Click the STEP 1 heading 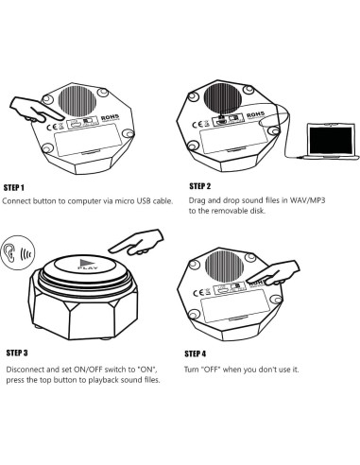pos(13,188)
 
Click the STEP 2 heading pos(199,186)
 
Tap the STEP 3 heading pos(17,353)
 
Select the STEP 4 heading pos(196,353)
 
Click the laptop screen pos(331,140)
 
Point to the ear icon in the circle pos(10,252)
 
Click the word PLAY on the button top pos(88,268)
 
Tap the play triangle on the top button pos(85,263)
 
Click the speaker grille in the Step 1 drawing pos(77,102)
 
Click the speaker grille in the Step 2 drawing pos(223,99)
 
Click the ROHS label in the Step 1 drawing pos(111,118)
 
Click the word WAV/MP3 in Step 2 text pos(307,200)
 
